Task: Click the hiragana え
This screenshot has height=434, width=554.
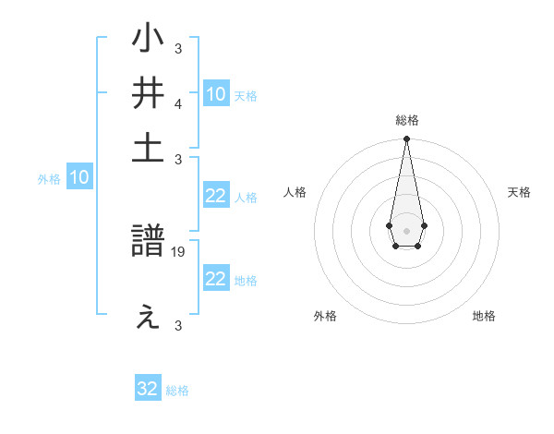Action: pos(148,317)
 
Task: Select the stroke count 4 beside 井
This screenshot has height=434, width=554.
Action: pos(178,102)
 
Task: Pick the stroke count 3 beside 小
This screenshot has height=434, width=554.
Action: pos(178,48)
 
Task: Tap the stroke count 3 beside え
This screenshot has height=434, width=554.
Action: pos(178,325)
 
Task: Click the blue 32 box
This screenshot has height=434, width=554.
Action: pos(148,389)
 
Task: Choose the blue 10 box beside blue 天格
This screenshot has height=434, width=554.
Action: pos(216,93)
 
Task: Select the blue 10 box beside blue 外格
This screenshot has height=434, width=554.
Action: pos(79,177)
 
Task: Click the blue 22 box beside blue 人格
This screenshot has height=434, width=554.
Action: pos(216,196)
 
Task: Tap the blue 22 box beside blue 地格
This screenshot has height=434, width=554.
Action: pos(216,279)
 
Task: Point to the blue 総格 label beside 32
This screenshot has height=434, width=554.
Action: pos(177,391)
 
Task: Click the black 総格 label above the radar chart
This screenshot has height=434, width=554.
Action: pos(406,120)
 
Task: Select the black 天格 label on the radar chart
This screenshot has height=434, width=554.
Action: pos(519,192)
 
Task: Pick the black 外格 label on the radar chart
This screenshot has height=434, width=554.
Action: pos(325,317)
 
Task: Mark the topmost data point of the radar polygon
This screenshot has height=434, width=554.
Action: pos(406,139)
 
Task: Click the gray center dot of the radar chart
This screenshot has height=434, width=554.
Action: pos(406,229)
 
